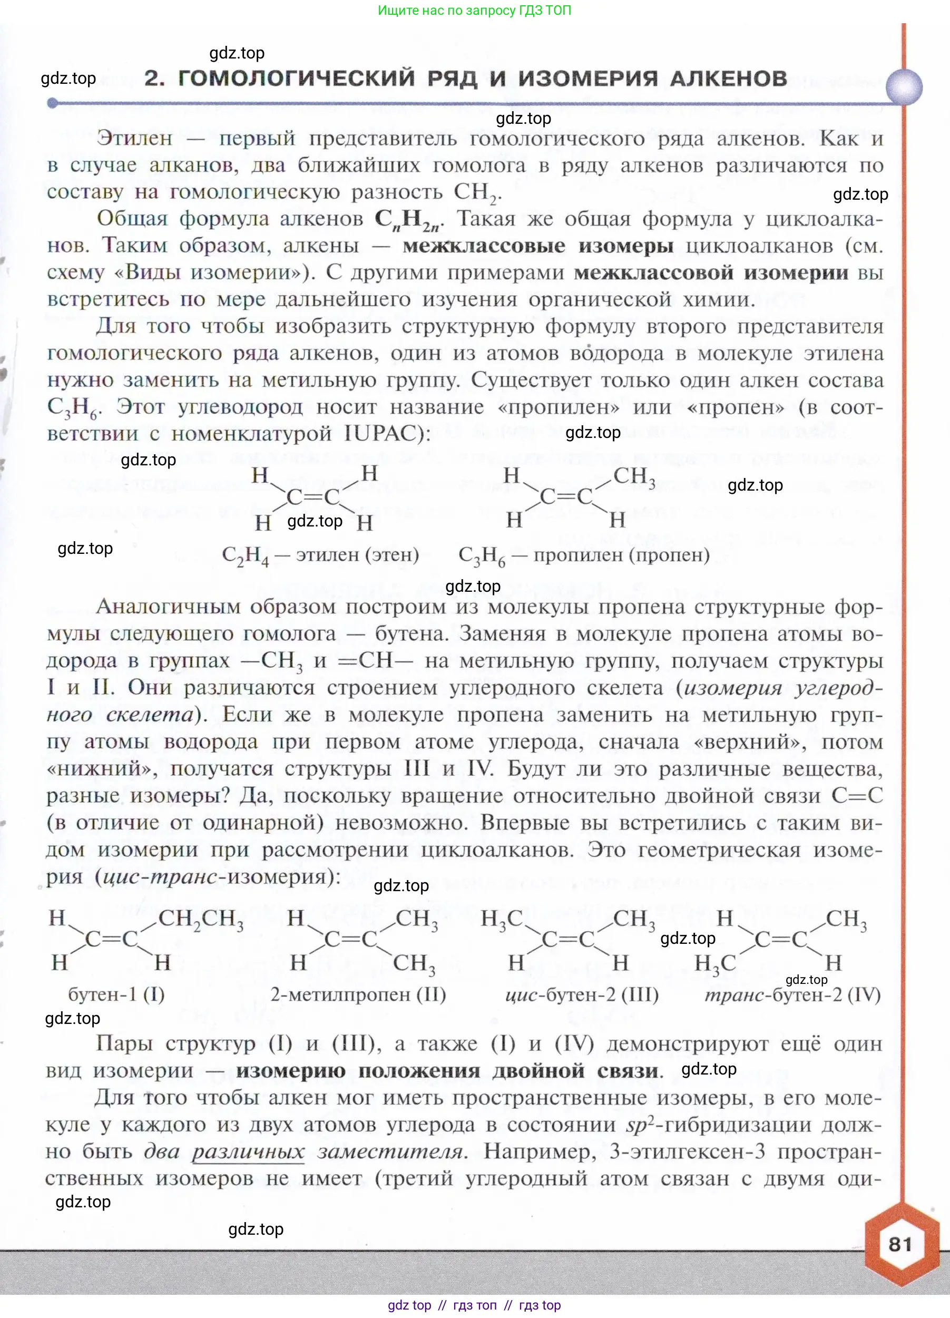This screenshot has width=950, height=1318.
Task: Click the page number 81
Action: tap(899, 1244)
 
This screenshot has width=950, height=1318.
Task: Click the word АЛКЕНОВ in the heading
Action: tap(728, 78)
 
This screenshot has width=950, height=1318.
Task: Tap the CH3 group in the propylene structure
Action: tap(634, 476)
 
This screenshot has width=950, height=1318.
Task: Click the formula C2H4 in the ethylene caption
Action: tap(245, 555)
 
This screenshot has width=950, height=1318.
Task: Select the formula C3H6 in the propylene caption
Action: tap(482, 555)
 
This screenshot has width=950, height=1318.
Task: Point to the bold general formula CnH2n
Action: tap(408, 220)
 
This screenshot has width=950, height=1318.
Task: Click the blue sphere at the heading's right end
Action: tap(904, 87)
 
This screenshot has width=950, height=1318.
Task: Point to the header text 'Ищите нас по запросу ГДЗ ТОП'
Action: tap(474, 10)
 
